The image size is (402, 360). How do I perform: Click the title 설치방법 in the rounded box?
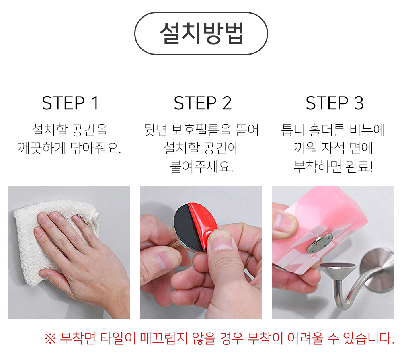click(x=201, y=33)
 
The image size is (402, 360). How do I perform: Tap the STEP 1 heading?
click(x=70, y=103)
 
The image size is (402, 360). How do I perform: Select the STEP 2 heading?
click(x=203, y=103)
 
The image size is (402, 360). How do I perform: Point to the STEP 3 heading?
click(x=334, y=103)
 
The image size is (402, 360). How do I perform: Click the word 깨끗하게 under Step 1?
click(x=42, y=148)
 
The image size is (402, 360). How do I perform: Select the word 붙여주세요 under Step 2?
click(x=201, y=167)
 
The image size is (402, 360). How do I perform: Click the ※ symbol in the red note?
click(x=50, y=339)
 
